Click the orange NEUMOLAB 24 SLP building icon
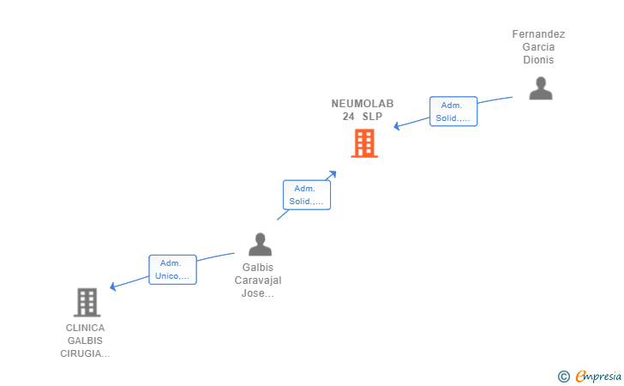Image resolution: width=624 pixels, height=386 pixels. (x=364, y=143)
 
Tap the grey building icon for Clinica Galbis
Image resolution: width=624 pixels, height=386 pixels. (x=87, y=302)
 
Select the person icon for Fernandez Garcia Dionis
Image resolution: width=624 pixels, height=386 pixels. (x=540, y=87)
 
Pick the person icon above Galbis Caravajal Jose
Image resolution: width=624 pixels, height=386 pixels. (x=260, y=244)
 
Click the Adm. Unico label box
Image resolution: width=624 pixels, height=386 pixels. (x=172, y=270)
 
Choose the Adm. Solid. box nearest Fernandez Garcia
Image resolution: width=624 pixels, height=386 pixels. (x=453, y=112)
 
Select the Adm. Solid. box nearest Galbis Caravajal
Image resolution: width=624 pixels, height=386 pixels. (x=306, y=195)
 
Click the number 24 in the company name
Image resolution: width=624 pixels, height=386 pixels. (x=349, y=116)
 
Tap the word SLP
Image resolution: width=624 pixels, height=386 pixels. (x=372, y=116)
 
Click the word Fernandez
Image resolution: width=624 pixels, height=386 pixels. (x=538, y=34)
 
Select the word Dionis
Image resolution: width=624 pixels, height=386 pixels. (x=538, y=60)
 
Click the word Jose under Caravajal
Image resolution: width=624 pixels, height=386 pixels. (x=257, y=293)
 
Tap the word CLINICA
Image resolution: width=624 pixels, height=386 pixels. (x=85, y=328)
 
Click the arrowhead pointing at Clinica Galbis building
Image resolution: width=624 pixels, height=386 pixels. (x=112, y=287)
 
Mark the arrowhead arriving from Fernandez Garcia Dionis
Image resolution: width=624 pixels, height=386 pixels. (x=397, y=127)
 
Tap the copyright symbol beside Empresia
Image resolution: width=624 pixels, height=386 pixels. (x=563, y=376)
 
